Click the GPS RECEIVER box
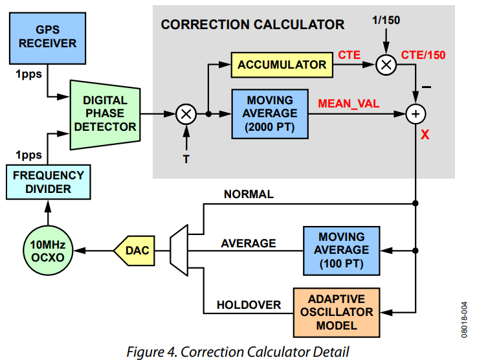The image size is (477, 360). click(47, 36)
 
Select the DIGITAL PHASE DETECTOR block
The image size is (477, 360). click(105, 114)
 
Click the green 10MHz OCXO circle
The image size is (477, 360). click(46, 251)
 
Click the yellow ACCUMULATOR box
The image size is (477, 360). click(282, 65)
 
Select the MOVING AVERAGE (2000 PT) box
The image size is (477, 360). click(270, 114)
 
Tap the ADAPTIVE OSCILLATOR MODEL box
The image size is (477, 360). click(337, 312)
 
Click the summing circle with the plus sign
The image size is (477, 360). click(415, 114)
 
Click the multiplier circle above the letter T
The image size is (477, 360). click(186, 114)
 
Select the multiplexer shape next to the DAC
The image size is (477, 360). click(179, 251)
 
